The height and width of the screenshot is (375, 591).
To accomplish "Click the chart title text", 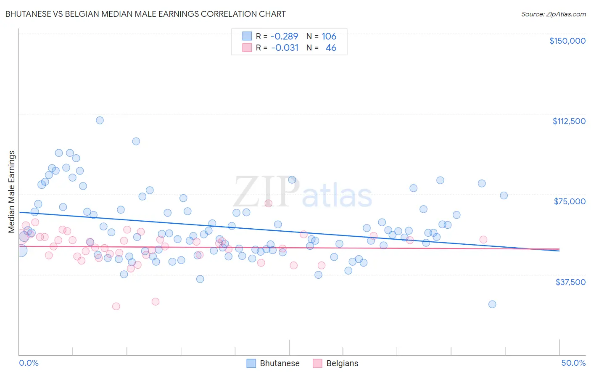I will (x=145, y=14).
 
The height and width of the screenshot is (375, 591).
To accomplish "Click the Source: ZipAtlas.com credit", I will (x=553, y=14).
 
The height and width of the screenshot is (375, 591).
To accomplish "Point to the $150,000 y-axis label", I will (x=567, y=41).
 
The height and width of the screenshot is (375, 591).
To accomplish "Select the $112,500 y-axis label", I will (x=569, y=121).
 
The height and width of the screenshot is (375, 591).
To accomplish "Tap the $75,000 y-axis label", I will (x=570, y=201).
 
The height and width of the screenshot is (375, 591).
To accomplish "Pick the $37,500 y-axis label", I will (x=570, y=282).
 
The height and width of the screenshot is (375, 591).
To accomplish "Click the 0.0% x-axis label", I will (x=29, y=363).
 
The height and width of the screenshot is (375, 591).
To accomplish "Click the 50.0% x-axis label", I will (x=573, y=363).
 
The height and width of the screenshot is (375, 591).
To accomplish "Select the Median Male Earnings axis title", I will (x=11, y=191).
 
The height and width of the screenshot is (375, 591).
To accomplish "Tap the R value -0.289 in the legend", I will (x=284, y=36).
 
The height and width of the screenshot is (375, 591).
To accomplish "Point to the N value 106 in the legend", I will (x=329, y=36).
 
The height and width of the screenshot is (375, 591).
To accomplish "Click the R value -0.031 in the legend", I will (x=285, y=48).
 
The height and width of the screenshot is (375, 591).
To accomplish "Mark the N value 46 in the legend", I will (x=331, y=48).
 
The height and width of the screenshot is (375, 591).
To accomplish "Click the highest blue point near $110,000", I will (x=100, y=120).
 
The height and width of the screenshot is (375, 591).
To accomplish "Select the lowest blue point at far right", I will (x=492, y=304).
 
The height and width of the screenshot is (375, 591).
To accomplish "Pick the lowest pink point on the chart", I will (x=116, y=306).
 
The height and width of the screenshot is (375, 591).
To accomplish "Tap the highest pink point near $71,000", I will (x=268, y=203).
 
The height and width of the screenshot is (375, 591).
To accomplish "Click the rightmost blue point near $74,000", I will (x=504, y=195).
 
